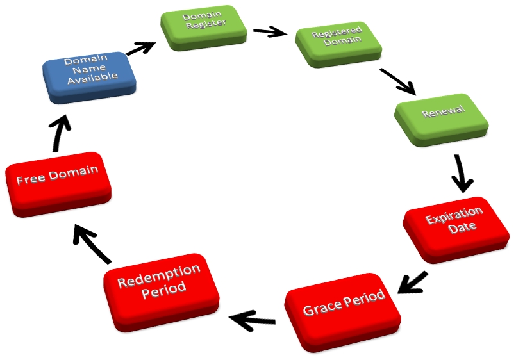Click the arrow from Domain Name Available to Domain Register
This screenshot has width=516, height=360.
pyautogui.click(x=140, y=49)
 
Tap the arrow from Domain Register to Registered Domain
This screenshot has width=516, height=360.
pyautogui.click(x=270, y=31)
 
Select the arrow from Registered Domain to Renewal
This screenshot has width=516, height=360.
pyautogui.click(x=398, y=81)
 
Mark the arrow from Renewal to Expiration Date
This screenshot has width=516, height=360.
pyautogui.click(x=461, y=174)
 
